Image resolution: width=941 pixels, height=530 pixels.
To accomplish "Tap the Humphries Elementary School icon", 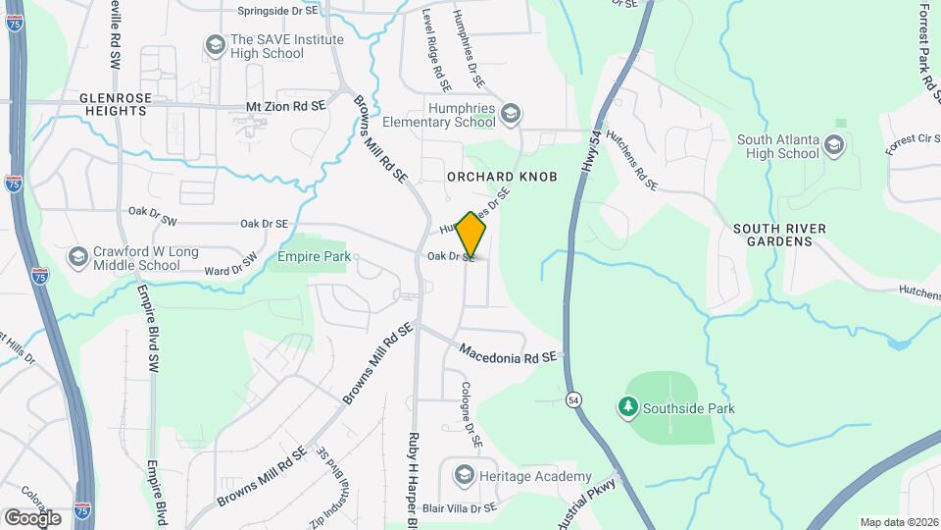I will [x=510, y=115].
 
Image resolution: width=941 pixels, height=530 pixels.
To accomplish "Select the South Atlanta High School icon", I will [x=834, y=146].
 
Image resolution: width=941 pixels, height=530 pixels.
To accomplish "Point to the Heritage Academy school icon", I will [x=464, y=476].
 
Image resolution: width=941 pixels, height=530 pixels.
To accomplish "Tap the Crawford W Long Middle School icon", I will [x=77, y=257].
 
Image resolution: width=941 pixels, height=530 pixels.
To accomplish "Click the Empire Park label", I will [x=315, y=257].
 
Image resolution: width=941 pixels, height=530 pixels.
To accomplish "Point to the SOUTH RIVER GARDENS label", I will [x=779, y=236].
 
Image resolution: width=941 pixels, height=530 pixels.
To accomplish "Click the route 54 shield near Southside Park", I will [x=573, y=398].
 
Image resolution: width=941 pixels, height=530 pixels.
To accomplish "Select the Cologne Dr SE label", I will [x=472, y=414].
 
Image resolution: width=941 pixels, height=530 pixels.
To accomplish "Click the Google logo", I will [x=32, y=517].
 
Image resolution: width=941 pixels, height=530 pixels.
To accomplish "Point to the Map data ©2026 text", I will [x=899, y=522].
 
